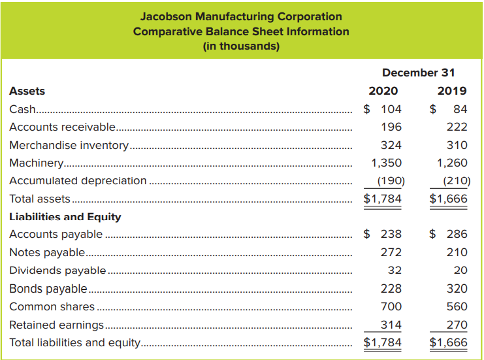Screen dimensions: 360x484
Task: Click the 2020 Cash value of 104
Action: click(391, 109)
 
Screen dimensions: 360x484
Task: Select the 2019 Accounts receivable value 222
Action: click(457, 127)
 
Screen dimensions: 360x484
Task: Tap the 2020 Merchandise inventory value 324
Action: click(391, 145)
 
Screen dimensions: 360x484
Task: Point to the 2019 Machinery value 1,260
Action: click(452, 163)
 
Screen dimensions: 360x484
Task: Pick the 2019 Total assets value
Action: click(449, 199)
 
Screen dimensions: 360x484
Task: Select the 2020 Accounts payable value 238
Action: click(391, 234)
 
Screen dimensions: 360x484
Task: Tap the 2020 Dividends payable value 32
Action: click(395, 270)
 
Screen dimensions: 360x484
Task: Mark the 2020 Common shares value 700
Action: click(391, 306)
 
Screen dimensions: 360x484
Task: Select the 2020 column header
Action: click(383, 91)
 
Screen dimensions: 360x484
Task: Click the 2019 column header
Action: click(452, 91)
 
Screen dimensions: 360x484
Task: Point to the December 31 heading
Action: click(418, 73)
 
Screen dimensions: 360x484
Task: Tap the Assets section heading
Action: click(27, 91)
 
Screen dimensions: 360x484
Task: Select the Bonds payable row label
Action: click(48, 288)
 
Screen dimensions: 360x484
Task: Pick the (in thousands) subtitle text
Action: click(241, 46)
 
